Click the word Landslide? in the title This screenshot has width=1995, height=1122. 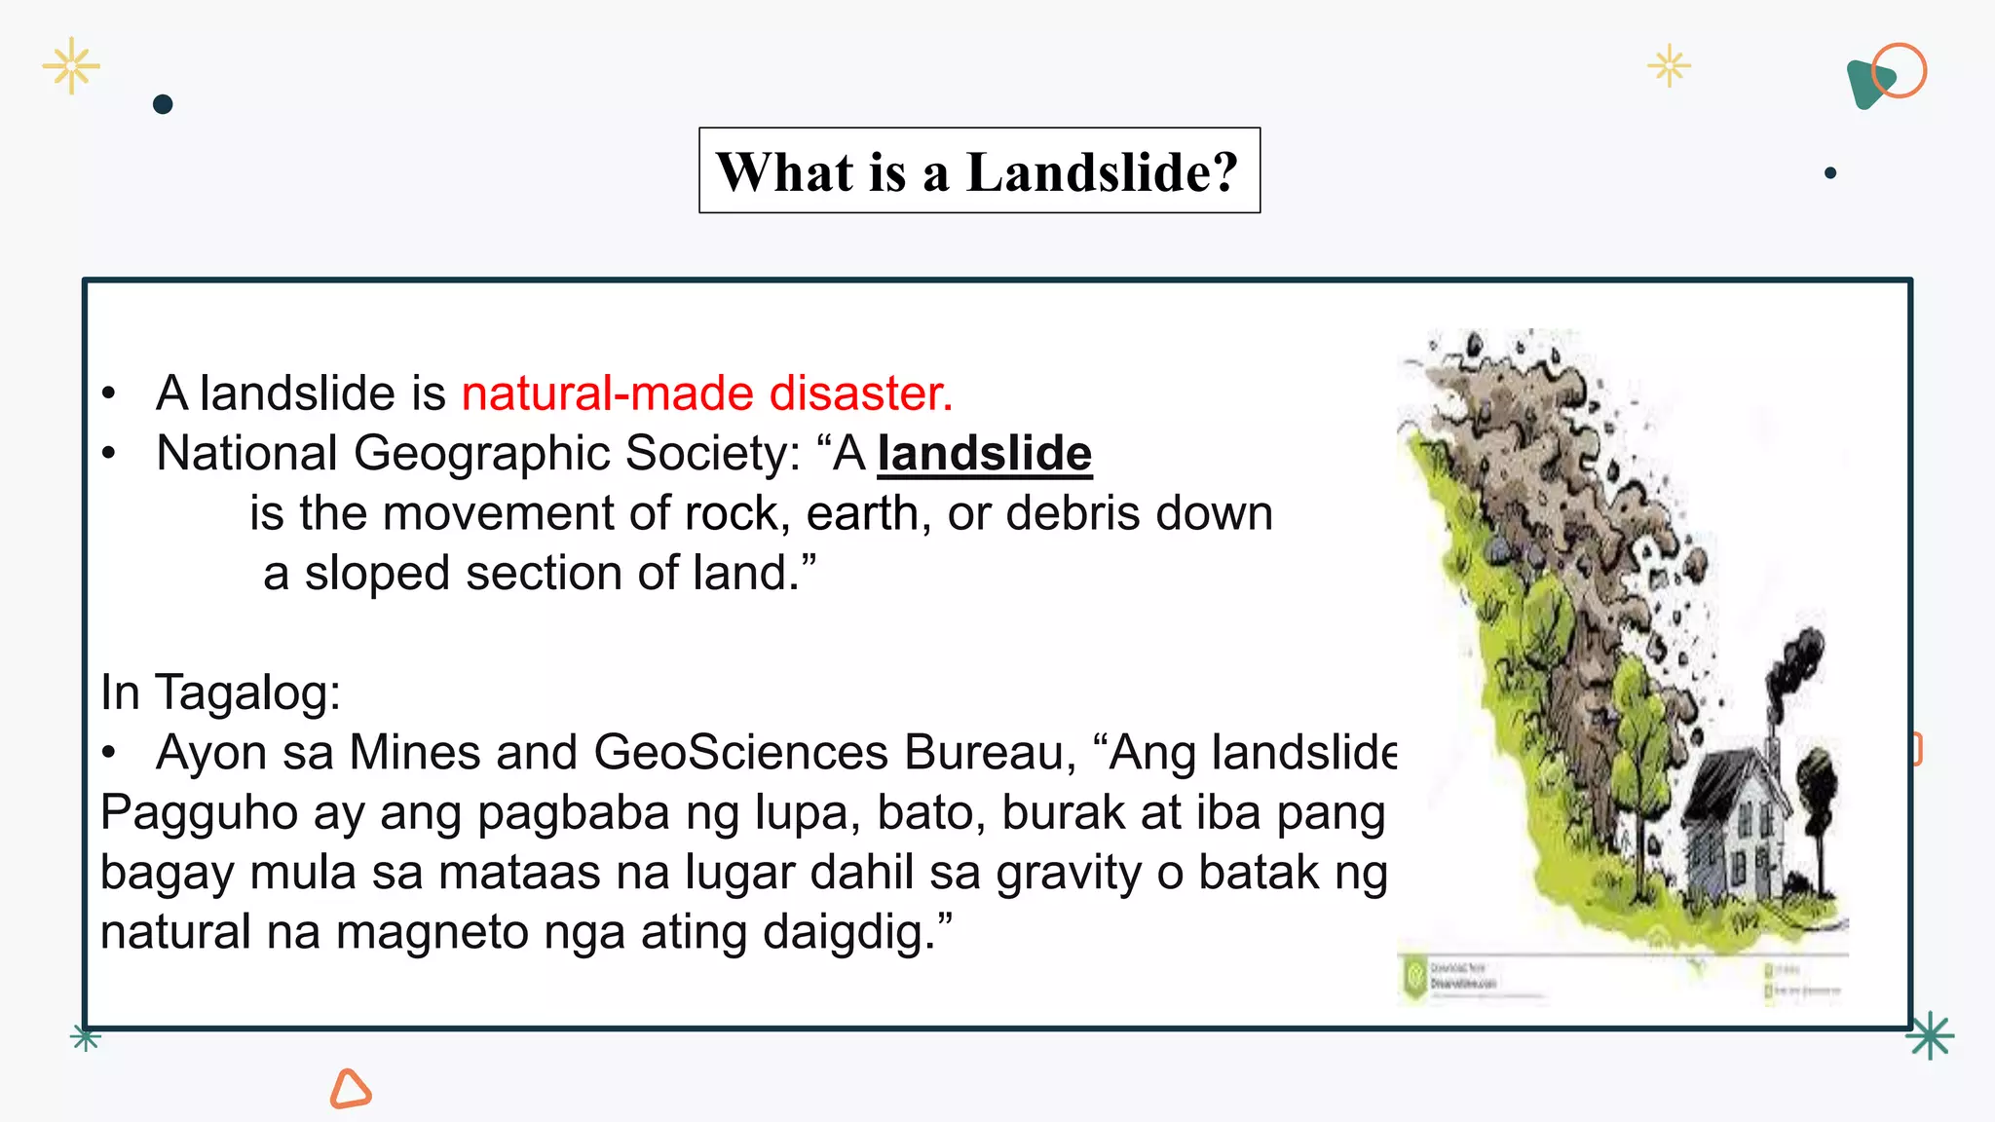[x=1102, y=172]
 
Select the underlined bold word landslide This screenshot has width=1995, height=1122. [x=984, y=454]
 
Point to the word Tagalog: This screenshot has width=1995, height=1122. [x=247, y=693]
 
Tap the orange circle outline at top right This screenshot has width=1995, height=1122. [x=1900, y=70]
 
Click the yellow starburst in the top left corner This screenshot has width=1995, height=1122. [x=71, y=66]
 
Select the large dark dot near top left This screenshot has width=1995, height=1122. [x=163, y=104]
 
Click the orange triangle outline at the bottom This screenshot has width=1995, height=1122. [x=350, y=1089]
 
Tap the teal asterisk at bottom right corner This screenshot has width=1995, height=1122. [x=1930, y=1035]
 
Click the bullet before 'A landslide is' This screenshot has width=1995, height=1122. [x=109, y=393]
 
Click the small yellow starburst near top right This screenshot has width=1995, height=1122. [x=1669, y=66]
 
